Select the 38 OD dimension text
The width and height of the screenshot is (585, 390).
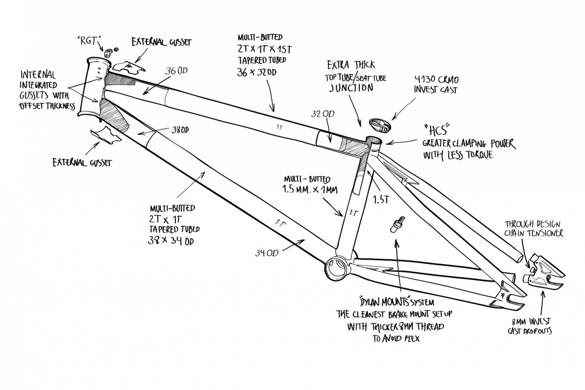click(x=180, y=130)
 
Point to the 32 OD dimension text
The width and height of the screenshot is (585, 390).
click(x=323, y=114)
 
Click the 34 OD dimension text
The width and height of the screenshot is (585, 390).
click(x=266, y=252)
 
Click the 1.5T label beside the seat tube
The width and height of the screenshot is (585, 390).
click(x=381, y=200)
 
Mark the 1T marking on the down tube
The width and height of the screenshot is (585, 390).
click(x=279, y=223)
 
